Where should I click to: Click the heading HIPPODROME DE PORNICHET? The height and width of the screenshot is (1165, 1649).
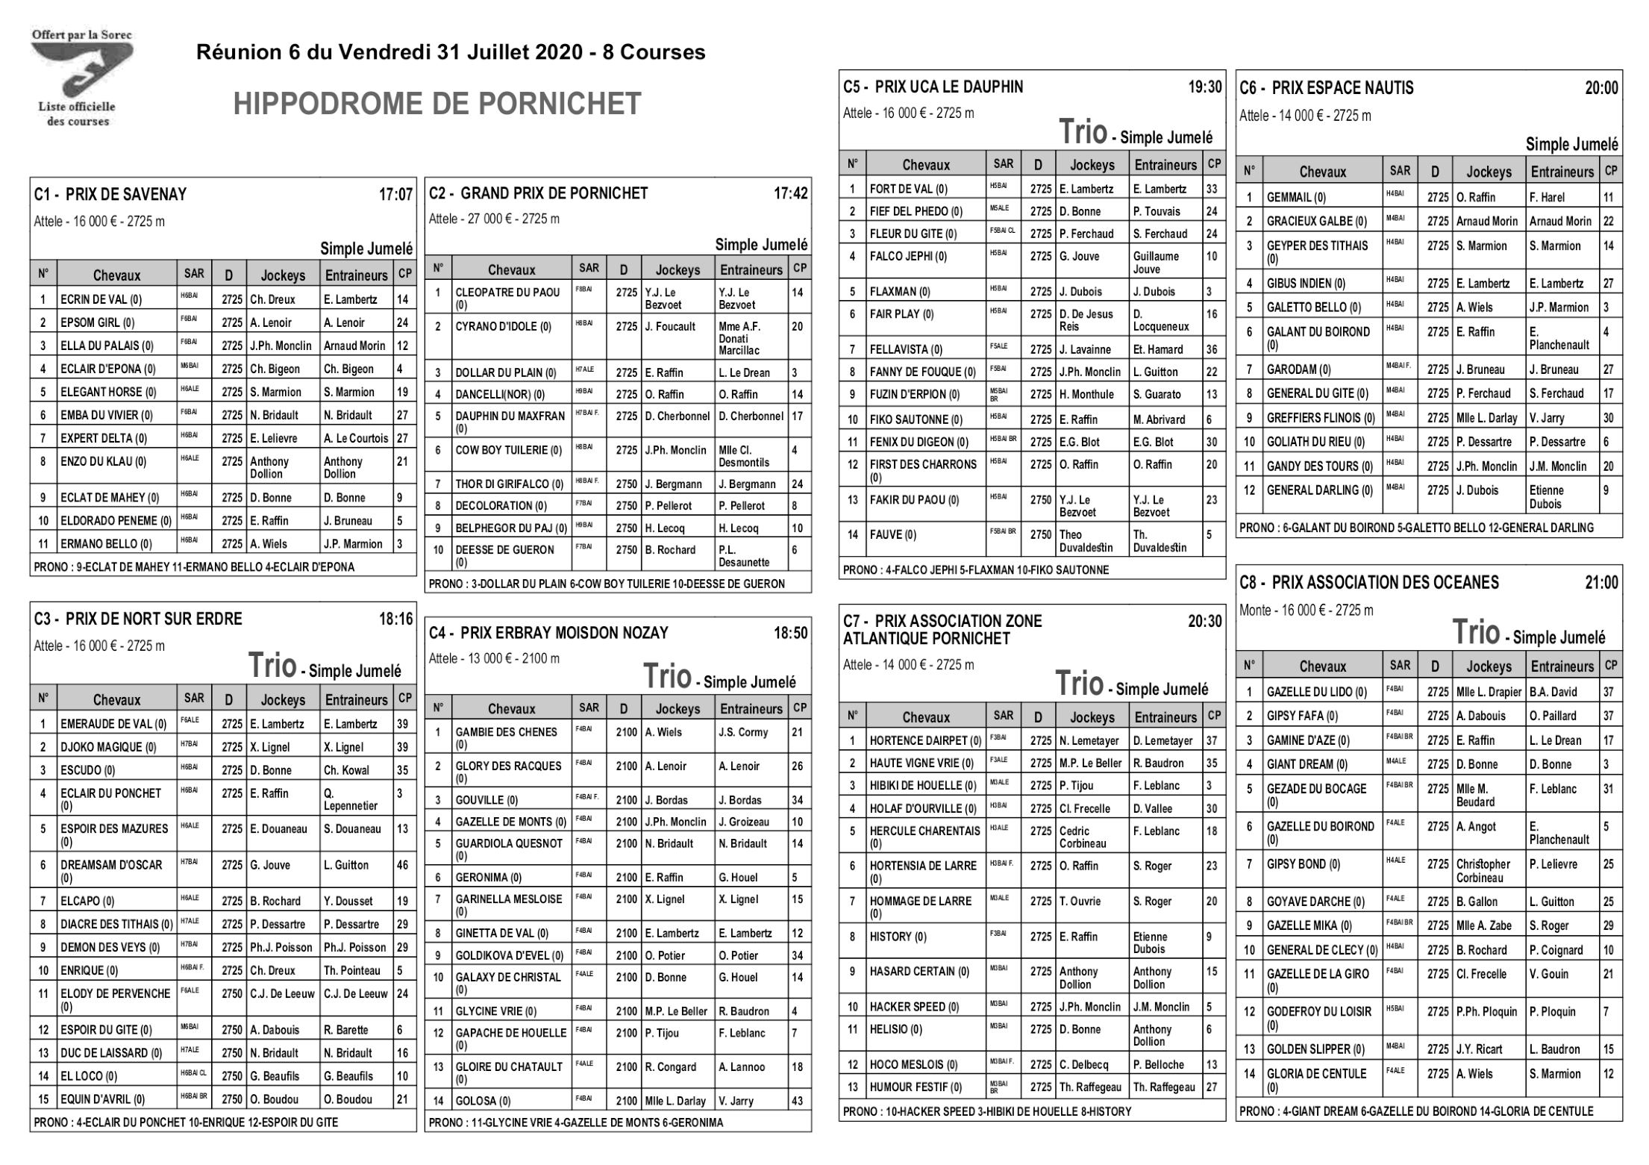tap(437, 104)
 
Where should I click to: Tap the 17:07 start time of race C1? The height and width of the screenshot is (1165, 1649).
tap(395, 195)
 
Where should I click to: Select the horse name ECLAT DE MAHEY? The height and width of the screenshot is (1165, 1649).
tap(110, 498)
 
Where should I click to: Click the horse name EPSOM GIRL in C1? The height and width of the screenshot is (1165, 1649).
tap(98, 323)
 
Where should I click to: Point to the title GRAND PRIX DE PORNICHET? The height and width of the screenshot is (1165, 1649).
tap(554, 193)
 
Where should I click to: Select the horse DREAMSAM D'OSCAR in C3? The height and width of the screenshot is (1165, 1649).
tap(111, 865)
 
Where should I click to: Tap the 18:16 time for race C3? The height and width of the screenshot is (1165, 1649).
tap(395, 619)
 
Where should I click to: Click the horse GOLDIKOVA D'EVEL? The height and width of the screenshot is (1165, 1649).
tap(510, 955)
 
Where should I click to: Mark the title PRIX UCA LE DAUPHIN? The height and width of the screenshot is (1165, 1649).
tap(949, 87)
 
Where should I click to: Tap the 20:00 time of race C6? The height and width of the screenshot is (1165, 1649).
tap(1601, 88)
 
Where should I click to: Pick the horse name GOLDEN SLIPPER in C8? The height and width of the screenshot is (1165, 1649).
tap(1315, 1049)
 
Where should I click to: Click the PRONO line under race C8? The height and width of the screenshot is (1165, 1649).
tap(1416, 1111)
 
